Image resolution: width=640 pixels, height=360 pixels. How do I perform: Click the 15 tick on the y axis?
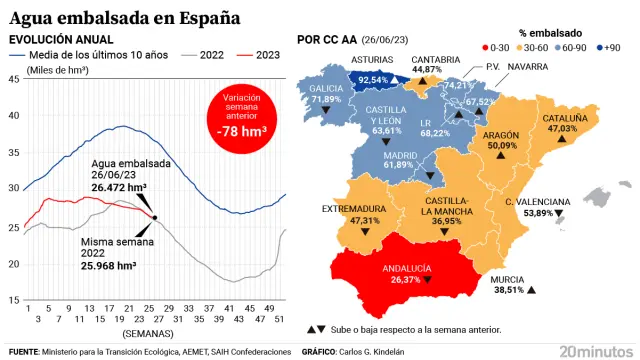pyautogui.click(x=14, y=300)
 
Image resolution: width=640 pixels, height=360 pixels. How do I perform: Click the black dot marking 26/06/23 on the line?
pyautogui.click(x=154, y=217)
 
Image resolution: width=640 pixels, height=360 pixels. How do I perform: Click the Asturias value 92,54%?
pyautogui.click(x=373, y=79)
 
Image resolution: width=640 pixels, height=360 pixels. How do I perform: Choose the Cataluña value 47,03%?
pyautogui.click(x=562, y=128)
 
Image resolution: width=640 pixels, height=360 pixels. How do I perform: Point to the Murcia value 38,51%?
pyautogui.click(x=509, y=290)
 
